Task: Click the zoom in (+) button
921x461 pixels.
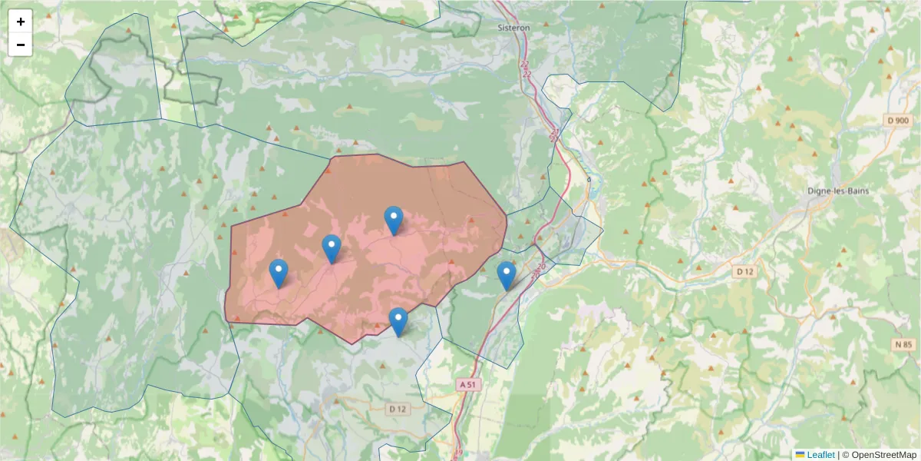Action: click(21, 22)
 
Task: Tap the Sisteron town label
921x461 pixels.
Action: click(513, 27)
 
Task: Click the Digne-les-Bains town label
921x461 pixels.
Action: click(838, 191)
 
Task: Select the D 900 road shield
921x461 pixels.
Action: click(897, 121)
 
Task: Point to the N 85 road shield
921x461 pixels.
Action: click(903, 345)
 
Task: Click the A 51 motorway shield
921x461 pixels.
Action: click(468, 384)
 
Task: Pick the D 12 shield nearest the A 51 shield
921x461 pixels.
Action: click(397, 409)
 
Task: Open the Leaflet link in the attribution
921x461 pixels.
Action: click(820, 455)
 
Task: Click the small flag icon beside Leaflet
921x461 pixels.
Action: click(800, 455)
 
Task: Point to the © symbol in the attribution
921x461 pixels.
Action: click(846, 455)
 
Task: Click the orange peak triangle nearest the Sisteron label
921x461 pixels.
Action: click(546, 24)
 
